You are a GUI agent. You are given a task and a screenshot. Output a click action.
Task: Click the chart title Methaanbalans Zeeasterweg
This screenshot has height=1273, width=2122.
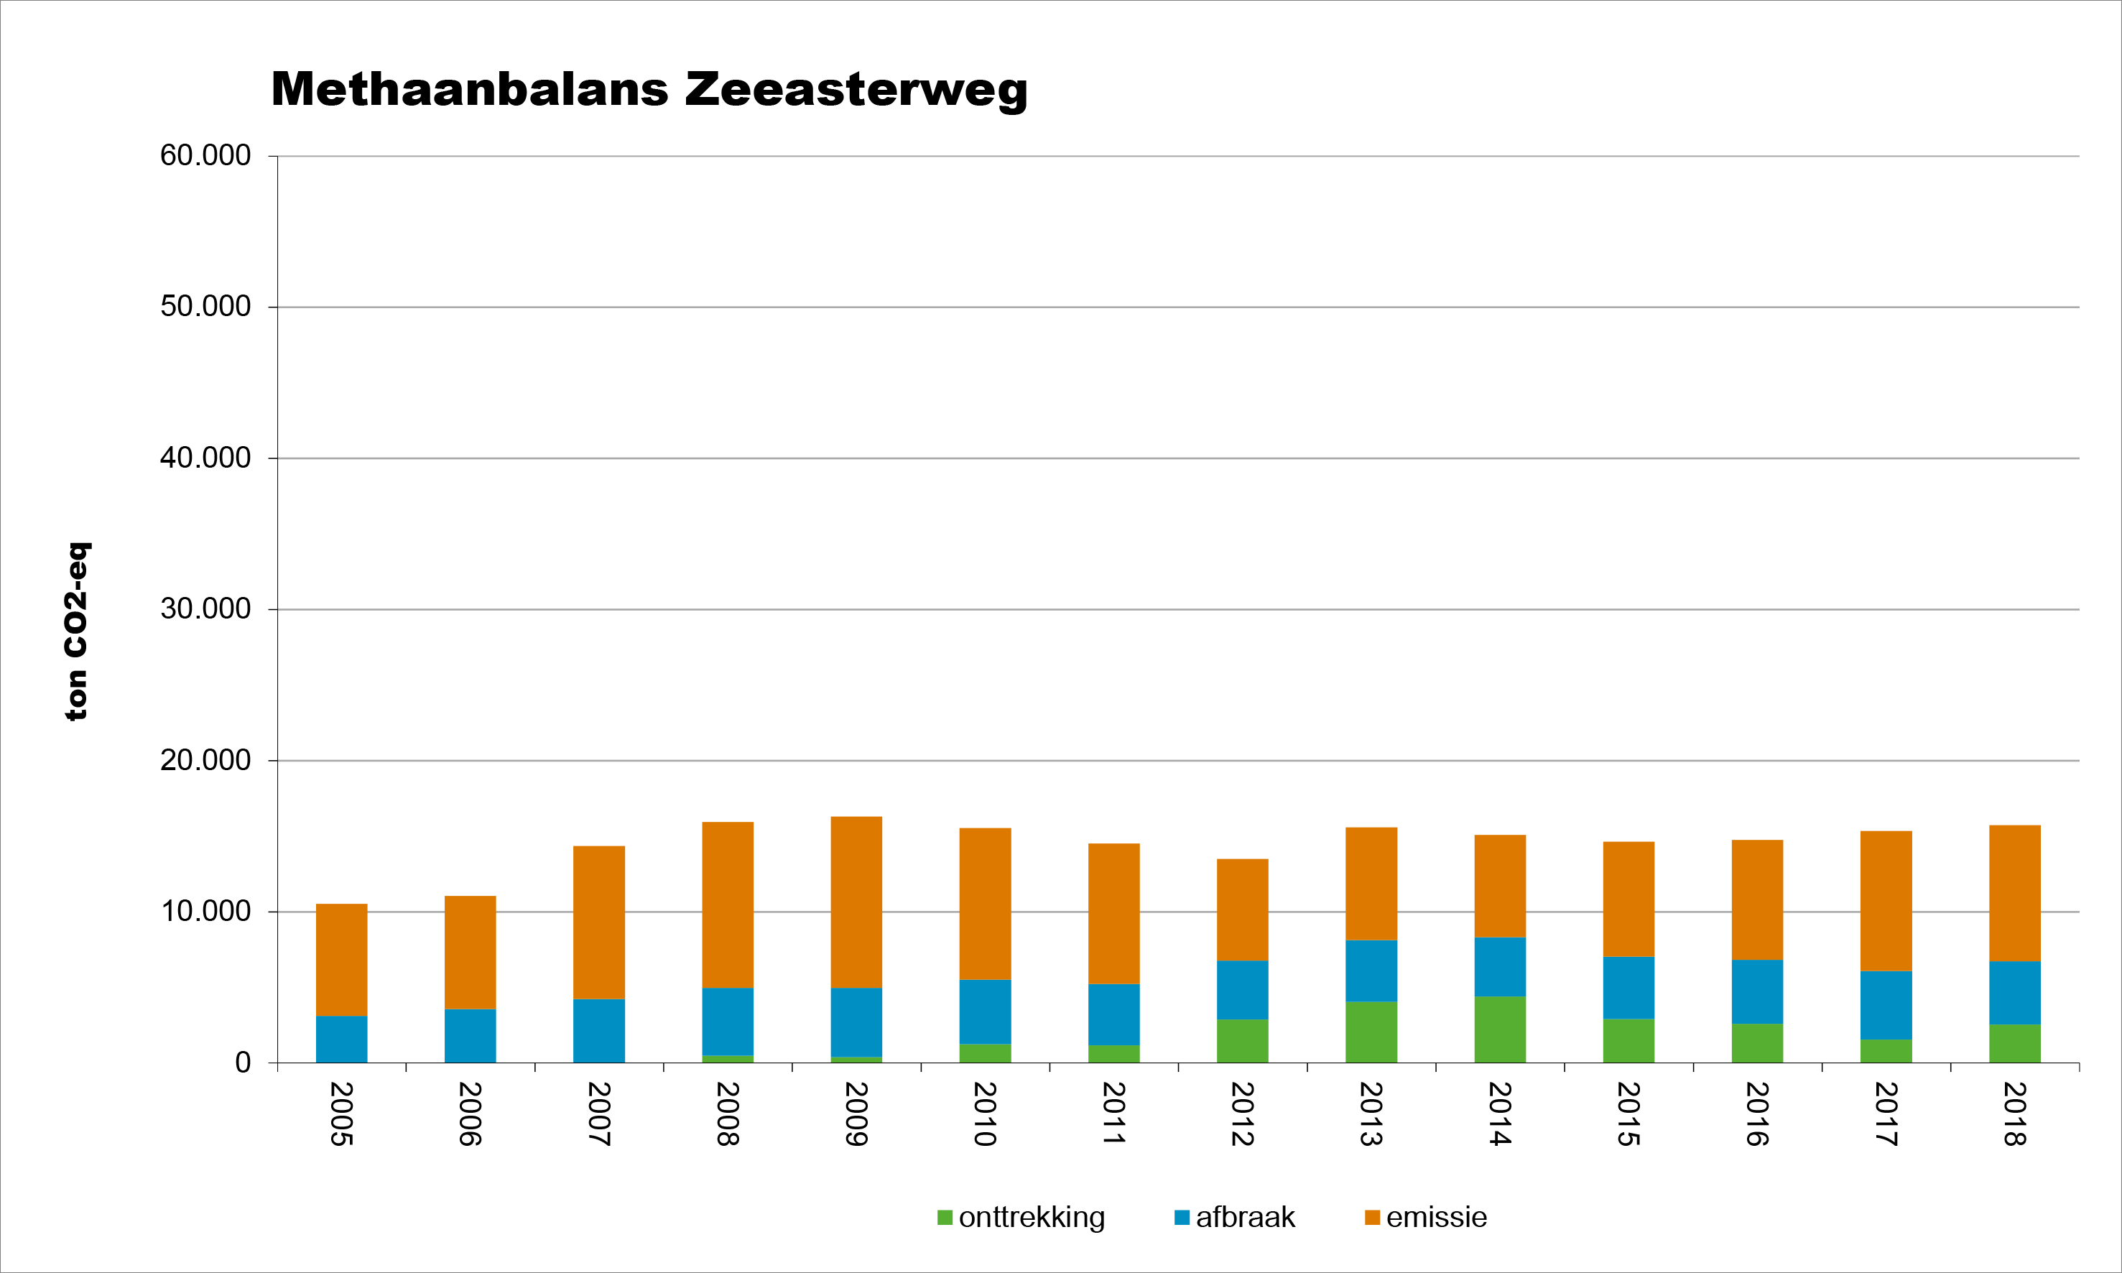649,89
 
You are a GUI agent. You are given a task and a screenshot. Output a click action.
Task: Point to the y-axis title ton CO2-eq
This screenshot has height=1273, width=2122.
76,631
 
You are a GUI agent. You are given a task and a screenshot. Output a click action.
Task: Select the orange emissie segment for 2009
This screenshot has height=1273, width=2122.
856,902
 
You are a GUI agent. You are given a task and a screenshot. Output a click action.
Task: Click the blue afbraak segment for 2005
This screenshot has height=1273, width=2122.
341,1039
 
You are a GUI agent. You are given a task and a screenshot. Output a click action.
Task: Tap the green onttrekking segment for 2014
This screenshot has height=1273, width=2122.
1499,1029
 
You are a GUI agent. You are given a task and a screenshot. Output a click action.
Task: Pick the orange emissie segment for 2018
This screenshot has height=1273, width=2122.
2014,893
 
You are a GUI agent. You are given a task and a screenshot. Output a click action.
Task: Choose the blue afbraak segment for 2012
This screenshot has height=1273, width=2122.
1242,990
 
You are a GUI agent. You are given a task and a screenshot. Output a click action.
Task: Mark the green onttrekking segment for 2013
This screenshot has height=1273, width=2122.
1371,1032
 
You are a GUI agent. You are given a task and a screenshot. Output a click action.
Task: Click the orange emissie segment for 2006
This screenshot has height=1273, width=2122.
470,952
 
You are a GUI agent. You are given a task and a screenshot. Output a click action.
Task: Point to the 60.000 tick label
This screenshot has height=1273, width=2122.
206,156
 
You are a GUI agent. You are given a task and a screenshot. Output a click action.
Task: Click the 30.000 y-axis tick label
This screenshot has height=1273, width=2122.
206,609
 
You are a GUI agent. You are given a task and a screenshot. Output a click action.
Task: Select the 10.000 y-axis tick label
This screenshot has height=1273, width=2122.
206,911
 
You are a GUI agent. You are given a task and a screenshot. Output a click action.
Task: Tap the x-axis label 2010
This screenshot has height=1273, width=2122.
985,1114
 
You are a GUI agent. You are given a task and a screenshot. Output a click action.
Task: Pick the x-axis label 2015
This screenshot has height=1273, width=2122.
1628,1114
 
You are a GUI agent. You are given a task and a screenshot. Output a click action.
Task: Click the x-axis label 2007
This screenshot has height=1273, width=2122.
598,1114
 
